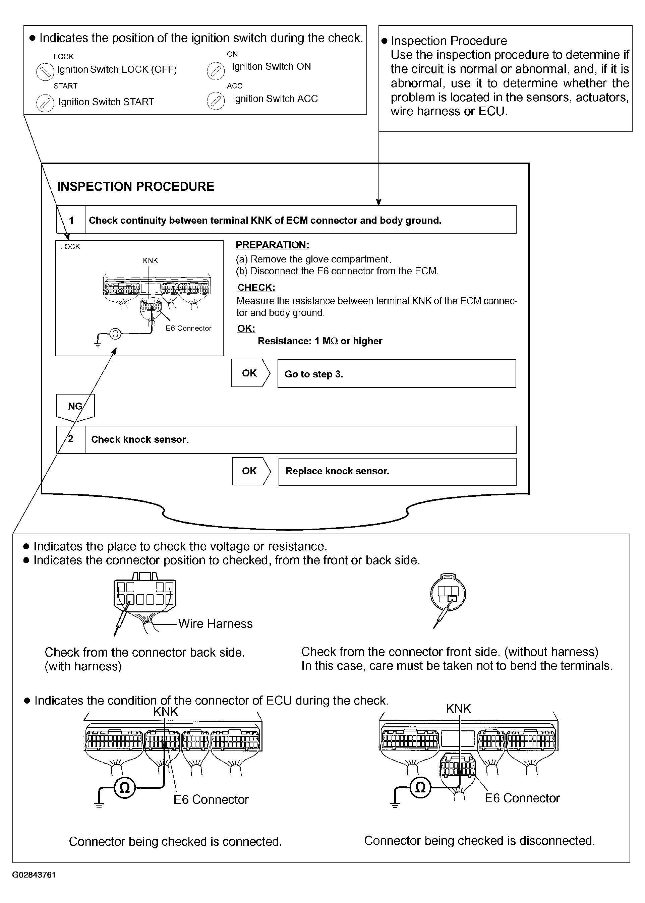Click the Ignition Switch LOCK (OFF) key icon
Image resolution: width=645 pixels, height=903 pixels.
(45, 72)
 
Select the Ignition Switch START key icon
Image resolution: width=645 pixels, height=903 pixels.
(45, 103)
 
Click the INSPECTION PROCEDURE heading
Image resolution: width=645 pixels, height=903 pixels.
(135, 187)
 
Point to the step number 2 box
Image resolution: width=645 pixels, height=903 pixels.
(71, 439)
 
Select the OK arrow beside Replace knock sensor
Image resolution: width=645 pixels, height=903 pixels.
(251, 471)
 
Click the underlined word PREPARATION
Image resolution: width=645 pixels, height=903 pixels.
(272, 245)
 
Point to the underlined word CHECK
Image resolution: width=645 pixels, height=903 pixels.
(256, 288)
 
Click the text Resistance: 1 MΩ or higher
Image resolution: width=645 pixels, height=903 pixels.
(320, 341)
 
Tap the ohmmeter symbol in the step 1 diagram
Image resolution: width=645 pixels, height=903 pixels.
(115, 334)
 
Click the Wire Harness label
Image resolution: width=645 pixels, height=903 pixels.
(215, 624)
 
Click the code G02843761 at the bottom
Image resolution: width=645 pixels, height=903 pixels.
(34, 875)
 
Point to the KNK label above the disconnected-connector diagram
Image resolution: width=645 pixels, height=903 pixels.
(458, 709)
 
